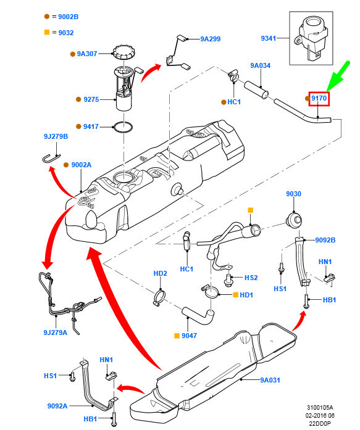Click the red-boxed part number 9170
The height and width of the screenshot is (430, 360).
coord(319,98)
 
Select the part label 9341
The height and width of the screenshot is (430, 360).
coord(268,38)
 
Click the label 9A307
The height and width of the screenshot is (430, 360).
coord(87,54)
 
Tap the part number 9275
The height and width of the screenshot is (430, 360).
coord(91,99)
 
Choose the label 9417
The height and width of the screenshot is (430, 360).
coord(91,126)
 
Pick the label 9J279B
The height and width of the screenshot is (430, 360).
coord(56,136)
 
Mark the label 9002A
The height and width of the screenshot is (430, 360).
coord(81,165)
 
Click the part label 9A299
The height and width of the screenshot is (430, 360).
coord(211,38)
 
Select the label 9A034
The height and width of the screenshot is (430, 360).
coord(260,65)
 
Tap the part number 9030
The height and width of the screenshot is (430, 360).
coord(293,194)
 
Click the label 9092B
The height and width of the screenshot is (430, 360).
coord(325,240)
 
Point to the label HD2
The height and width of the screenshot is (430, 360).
coord(161,273)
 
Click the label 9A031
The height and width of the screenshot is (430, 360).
coord(270,380)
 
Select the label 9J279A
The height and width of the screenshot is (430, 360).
coord(56,333)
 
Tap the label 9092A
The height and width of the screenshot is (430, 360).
coord(57,406)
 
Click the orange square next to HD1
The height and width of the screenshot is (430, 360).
coord(235,295)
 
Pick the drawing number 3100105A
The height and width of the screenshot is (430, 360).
coord(320,408)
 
